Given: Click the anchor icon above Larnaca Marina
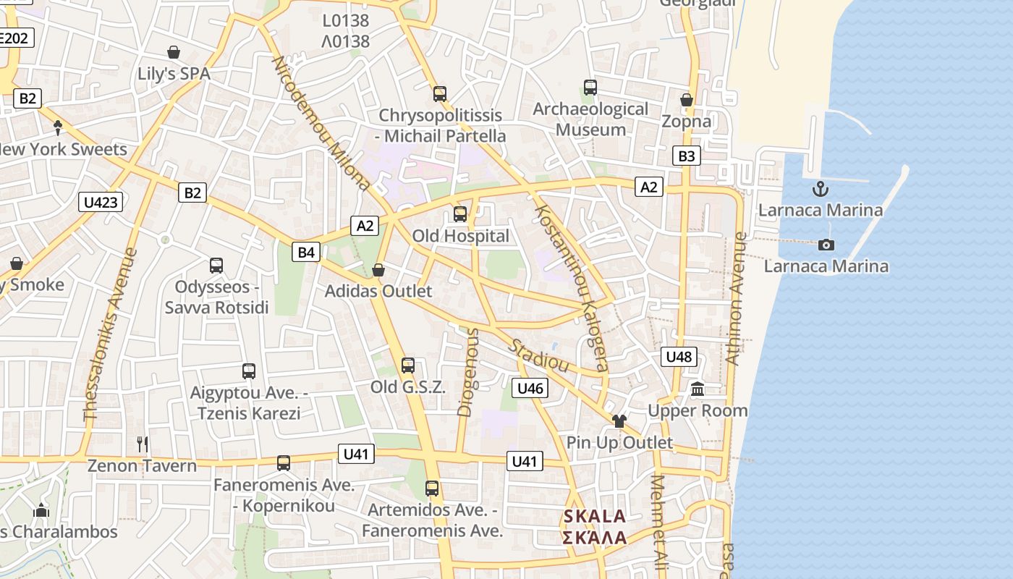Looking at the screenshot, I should (x=820, y=189).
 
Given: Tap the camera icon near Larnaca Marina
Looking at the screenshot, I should (x=826, y=245).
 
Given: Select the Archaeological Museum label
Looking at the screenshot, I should (x=590, y=119).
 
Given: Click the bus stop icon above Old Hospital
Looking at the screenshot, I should (x=460, y=214).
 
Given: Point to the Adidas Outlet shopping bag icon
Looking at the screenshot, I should (x=378, y=270).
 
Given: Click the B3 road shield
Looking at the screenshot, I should (x=686, y=156).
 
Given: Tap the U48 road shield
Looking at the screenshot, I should (x=679, y=356).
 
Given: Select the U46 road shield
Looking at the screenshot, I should (x=530, y=388).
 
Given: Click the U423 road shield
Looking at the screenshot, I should (x=101, y=202).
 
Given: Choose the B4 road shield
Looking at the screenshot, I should (x=306, y=252).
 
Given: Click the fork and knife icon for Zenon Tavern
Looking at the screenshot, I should (x=143, y=444).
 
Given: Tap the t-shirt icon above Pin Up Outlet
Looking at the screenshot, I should (x=619, y=420).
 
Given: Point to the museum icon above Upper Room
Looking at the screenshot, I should (x=698, y=389).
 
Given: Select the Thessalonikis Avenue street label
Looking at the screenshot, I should (x=110, y=334).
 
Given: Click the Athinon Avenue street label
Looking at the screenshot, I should (x=735, y=298).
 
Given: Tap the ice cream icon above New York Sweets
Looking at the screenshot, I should (x=58, y=127).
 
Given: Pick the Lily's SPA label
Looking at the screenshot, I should (x=174, y=74).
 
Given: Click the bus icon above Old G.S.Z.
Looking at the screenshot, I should (x=408, y=365).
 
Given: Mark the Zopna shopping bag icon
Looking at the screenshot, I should (x=687, y=100).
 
